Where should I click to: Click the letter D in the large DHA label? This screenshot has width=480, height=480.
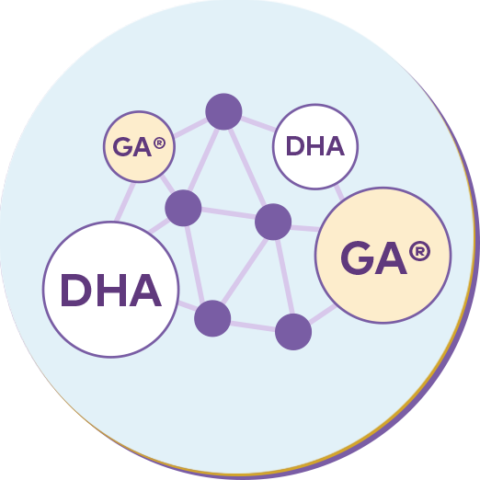[x=76, y=291]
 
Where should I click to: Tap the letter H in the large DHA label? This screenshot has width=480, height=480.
[x=111, y=291]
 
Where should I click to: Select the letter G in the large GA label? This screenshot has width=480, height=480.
[x=358, y=257]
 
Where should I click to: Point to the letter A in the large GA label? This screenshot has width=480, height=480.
[x=391, y=257]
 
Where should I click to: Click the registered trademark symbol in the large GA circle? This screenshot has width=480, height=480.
[x=419, y=251]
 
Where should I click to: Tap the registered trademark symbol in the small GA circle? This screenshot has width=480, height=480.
[x=159, y=143]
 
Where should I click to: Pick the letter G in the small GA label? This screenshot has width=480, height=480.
[x=122, y=147]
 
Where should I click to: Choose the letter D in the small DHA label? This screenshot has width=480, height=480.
[x=294, y=146]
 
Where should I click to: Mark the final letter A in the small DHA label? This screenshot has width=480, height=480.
[x=335, y=146]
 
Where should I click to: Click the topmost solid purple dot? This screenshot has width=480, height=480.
[x=223, y=111]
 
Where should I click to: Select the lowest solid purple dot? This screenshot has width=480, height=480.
[x=293, y=332]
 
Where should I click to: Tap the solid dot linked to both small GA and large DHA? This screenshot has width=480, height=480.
[x=183, y=208]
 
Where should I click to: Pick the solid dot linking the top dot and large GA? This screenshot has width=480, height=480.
[x=273, y=222]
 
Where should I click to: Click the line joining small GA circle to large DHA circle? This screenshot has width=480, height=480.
[x=125, y=201]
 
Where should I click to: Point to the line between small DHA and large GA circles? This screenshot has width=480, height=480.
[x=339, y=193]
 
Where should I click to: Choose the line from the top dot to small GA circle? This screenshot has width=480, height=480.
[x=191, y=128]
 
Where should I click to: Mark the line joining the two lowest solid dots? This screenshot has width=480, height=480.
[x=253, y=326]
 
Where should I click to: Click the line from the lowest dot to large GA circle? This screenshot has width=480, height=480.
[x=323, y=314]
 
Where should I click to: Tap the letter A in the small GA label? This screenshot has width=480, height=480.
[x=143, y=147]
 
